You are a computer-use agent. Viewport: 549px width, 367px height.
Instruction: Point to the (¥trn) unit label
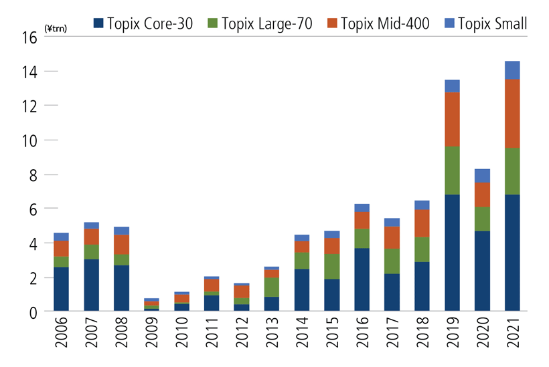coord(55,29)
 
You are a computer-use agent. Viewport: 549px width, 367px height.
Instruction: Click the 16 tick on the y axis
coord(29,37)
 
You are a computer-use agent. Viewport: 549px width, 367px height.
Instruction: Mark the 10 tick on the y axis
coord(29,140)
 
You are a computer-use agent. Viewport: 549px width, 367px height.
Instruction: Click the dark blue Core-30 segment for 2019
coord(453,253)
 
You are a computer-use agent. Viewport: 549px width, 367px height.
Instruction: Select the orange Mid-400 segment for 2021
coord(512,114)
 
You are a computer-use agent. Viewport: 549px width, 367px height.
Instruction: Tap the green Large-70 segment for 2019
coord(453,170)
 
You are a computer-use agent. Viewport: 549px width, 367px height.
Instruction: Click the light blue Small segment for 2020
coord(483,176)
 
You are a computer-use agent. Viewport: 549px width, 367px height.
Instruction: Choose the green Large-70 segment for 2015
coord(333,266)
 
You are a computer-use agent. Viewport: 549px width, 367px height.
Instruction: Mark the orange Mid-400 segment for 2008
coord(122,245)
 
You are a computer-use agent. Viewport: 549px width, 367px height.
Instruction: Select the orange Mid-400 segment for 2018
coord(422,223)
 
